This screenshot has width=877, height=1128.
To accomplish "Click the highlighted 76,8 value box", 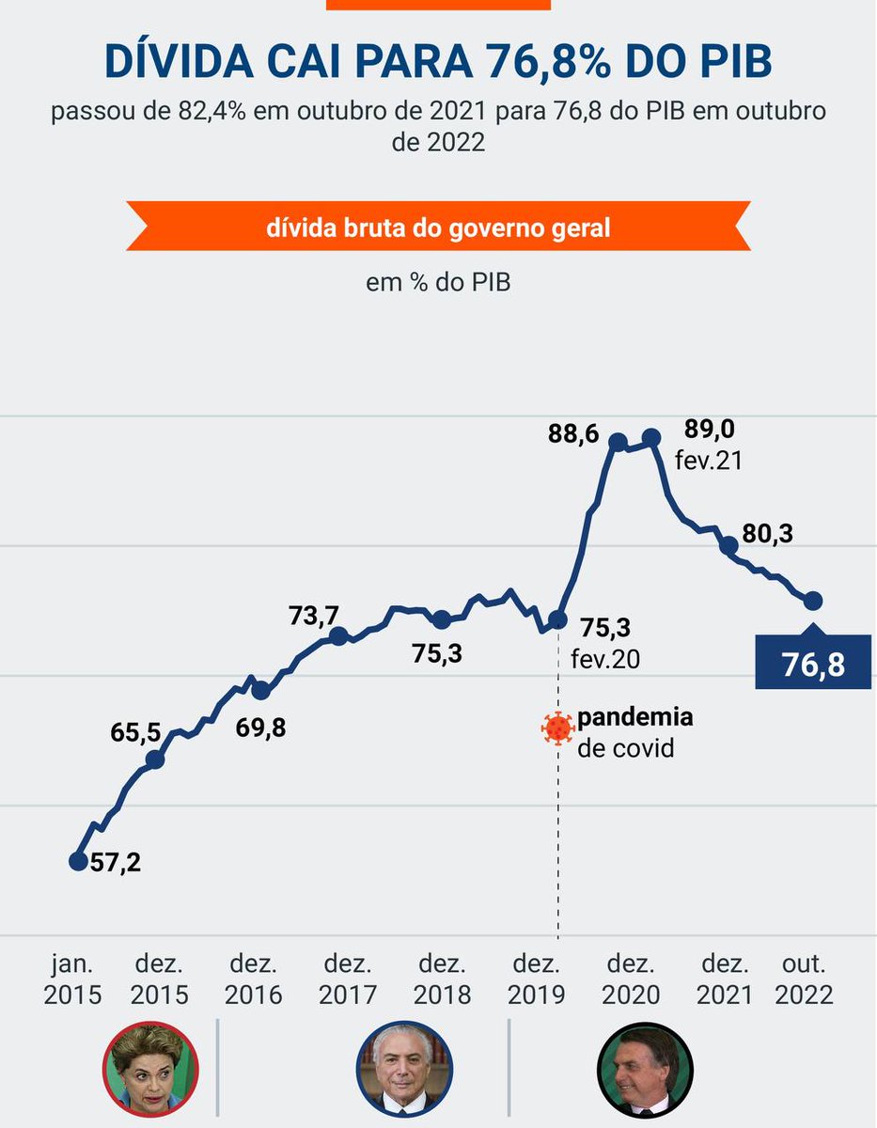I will point(813,664).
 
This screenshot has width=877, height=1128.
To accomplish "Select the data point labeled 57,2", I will point(79,860).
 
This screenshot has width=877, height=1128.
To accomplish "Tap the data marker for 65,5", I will point(156,759).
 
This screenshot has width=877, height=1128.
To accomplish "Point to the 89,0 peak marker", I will point(651,438).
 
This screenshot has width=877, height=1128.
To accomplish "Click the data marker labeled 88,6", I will point(618,441).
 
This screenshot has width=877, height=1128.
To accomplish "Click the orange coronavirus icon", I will point(557,728).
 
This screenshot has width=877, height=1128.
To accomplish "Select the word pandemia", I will point(635,717).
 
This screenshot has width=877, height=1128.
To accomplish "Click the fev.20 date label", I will point(605,659).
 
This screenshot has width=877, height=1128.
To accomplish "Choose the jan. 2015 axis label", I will point(72,979).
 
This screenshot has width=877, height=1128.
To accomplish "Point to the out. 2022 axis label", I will point(804,979).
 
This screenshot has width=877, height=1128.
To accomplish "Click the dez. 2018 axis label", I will point(442,979).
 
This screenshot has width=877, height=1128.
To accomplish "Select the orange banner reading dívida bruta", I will point(438,227).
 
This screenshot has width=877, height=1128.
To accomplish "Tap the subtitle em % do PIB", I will point(438,282).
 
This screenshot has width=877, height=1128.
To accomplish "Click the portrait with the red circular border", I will point(150,1069).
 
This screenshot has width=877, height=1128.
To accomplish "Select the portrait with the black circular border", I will point(645,1069).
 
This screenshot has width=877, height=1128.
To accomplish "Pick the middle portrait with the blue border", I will point(404,1069).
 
